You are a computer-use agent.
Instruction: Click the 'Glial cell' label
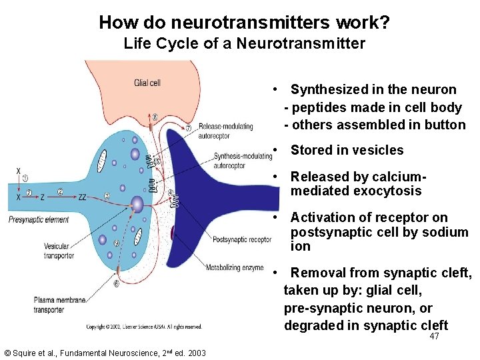147,83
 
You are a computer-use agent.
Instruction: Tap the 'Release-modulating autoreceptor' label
226,130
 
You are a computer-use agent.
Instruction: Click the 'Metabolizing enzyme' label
235,269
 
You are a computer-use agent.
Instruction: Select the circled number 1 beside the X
25,178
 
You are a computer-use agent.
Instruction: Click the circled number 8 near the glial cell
155,116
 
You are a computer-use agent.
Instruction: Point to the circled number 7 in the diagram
188,127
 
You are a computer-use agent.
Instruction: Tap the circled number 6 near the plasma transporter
117,283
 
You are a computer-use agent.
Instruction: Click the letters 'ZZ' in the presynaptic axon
83,197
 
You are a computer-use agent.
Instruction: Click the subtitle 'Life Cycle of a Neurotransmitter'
244,44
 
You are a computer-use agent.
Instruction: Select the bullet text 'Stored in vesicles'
347,150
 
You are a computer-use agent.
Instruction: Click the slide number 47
434,337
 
